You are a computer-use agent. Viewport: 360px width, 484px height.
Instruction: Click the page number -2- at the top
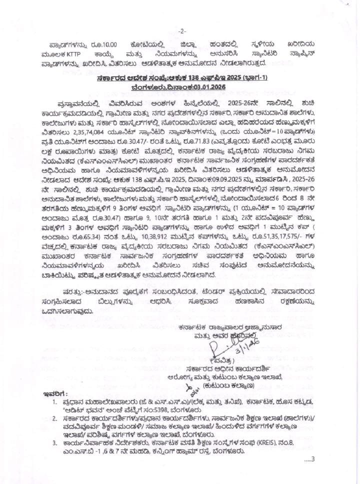click(182, 30)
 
